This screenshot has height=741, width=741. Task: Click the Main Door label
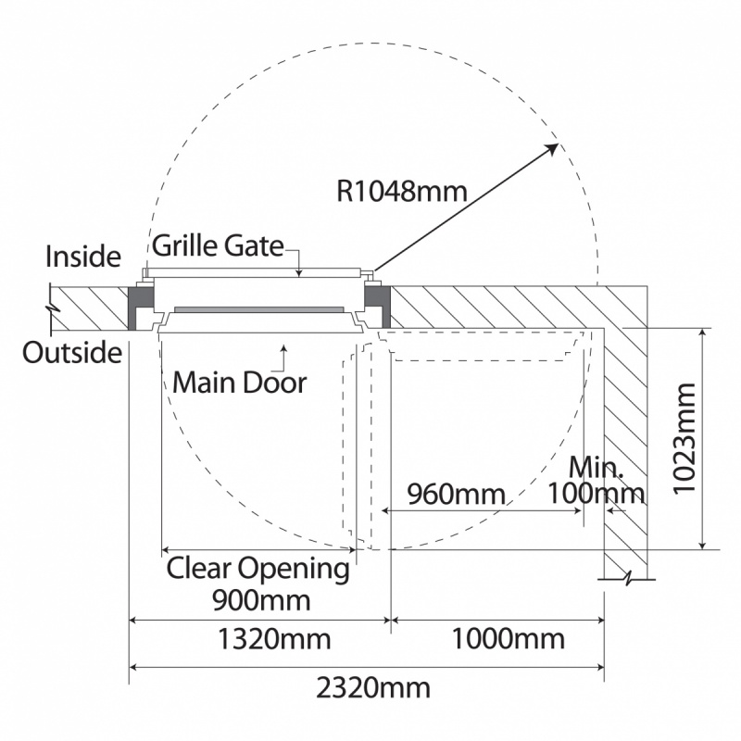[x=239, y=381]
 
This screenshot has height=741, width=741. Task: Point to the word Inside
[x=83, y=256]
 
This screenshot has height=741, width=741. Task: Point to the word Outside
[x=72, y=353]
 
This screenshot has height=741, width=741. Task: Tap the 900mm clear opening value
[x=260, y=599]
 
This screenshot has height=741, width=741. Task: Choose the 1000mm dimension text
[x=508, y=639]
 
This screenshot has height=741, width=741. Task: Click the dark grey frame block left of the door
[x=141, y=297]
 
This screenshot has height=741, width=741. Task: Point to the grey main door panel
[x=259, y=309]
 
